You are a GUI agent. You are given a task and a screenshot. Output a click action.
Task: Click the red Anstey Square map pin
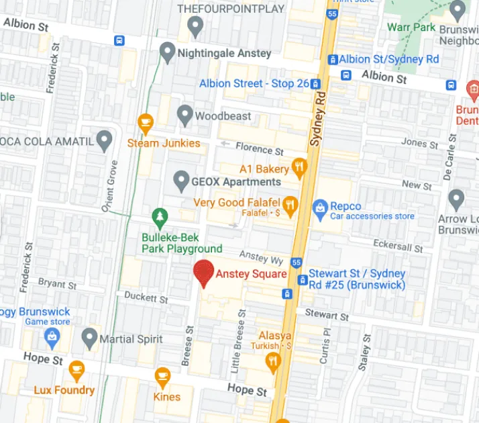[x=203, y=273]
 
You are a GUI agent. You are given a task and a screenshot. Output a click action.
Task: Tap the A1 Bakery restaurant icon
[x=299, y=167]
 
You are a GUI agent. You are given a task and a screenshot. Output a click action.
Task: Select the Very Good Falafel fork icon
[x=290, y=206]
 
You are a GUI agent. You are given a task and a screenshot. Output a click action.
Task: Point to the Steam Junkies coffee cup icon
[x=145, y=123]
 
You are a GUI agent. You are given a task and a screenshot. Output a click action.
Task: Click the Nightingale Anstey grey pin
[x=168, y=51]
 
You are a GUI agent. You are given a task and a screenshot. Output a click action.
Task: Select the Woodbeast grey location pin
[x=184, y=115]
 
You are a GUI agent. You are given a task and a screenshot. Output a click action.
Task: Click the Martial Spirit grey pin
[x=89, y=338]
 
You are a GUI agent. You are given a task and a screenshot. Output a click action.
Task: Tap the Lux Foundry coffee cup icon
[x=76, y=369]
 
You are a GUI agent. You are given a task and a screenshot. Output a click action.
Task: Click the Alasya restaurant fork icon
[x=272, y=363]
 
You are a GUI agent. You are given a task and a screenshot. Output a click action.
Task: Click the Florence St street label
[x=258, y=149]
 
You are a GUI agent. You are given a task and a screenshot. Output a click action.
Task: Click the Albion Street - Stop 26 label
[x=254, y=83]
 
